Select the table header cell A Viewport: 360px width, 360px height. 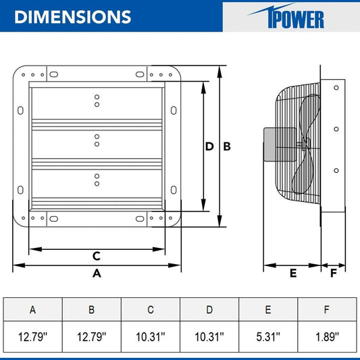[32, 310]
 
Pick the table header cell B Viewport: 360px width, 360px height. [91, 310]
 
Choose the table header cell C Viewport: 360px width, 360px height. [150, 310]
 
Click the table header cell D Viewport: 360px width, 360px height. [209, 310]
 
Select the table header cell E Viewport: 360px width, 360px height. [268, 310]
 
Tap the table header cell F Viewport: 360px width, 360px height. [327, 310]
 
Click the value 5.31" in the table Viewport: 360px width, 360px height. [268, 336]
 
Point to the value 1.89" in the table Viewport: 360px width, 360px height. [327, 336]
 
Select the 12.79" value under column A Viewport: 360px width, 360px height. [32, 336]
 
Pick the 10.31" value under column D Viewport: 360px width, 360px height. [209, 336]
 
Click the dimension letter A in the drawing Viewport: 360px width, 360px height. [97, 274]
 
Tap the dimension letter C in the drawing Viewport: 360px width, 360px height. [97, 256]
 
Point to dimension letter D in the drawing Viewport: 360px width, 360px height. [210, 147]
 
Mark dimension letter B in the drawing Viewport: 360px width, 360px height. [227, 147]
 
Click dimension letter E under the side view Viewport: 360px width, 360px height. [292, 273]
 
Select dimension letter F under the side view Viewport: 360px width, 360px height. [333, 273]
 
